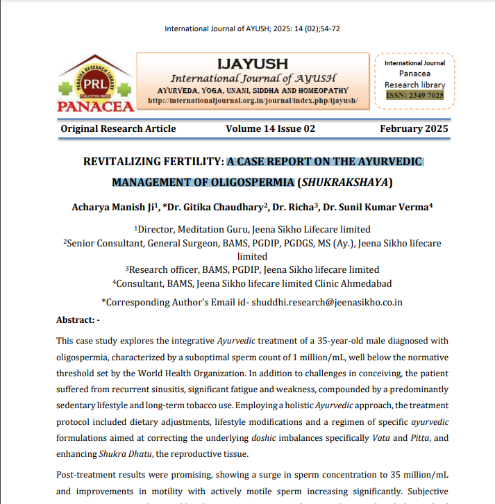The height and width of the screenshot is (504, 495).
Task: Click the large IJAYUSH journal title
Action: pyautogui.click(x=253, y=64)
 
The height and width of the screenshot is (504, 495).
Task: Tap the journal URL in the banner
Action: pyautogui.click(x=253, y=101)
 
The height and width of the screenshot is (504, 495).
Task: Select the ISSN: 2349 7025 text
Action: pyautogui.click(x=414, y=95)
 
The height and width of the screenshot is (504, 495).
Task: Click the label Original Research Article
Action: pyautogui.click(x=118, y=128)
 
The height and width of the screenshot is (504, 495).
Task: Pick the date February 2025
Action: pyautogui.click(x=414, y=128)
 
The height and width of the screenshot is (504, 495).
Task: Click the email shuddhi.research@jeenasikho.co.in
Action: pyautogui.click(x=328, y=302)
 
